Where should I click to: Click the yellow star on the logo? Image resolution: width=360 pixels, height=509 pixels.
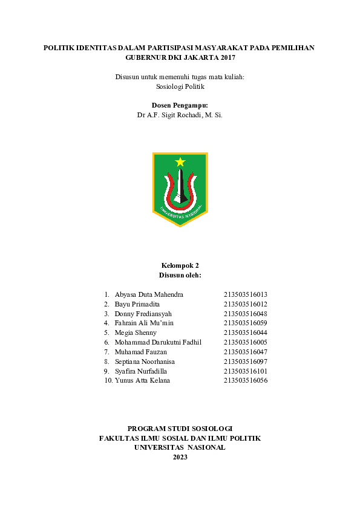coord(180,162)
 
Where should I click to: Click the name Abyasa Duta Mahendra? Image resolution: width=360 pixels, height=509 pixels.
coord(148,294)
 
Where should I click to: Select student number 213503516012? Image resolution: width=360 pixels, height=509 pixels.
coord(245,304)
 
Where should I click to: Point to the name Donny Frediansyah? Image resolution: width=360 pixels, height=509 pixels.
coord(143,314)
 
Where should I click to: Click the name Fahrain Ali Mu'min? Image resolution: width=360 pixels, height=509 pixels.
coord(144,323)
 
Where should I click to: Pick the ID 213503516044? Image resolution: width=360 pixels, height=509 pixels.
coord(245,332)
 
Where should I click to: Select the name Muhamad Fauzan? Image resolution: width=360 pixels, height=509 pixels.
coord(140,352)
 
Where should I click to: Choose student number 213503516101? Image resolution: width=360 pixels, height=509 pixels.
coord(245,371)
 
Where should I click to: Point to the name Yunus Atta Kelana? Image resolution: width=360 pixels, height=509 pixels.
coord(142,380)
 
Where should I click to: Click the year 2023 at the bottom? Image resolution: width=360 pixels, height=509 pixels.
coord(180,457)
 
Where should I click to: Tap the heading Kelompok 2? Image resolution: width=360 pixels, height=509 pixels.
coord(180,265)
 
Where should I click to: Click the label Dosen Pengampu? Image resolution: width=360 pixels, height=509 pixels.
coord(180,105)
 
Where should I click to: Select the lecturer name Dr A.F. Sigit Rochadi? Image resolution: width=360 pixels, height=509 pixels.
coord(180,115)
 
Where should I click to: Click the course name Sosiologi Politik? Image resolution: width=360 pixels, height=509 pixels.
coord(180,86)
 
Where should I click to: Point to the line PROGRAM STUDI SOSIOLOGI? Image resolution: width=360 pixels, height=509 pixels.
coord(180,428)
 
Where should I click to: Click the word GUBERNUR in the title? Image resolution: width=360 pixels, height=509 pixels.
coord(145,57)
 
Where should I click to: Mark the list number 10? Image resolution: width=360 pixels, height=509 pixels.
coord(108,380)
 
